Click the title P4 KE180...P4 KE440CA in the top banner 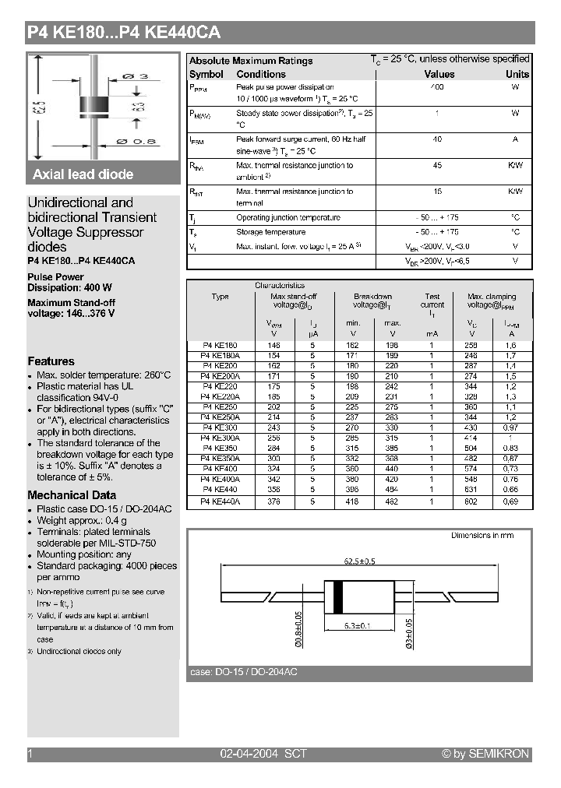coord(124,33)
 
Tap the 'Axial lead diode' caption coord(83,174)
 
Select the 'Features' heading coord(51,361)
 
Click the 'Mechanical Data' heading coord(72,495)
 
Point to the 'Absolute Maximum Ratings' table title coord(251,61)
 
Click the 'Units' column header coord(517,74)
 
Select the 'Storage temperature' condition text coord(270,232)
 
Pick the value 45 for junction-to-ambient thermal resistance coord(437,165)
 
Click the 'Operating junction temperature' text coord(288,218)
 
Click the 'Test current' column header coord(432,301)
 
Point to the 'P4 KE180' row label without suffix coord(220,344)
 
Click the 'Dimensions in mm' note coord(482,536)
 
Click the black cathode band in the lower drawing coord(337,596)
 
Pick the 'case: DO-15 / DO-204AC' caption coord(244,672)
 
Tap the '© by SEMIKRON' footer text coord(485,754)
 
